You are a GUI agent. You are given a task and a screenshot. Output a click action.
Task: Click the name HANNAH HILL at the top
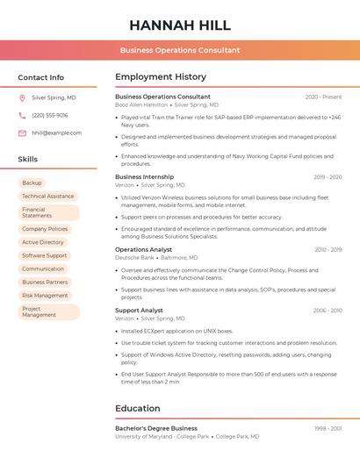[x=180, y=25]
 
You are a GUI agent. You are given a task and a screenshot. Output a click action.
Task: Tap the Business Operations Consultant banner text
[x=180, y=50]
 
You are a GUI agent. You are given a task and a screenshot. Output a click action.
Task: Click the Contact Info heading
[x=41, y=77]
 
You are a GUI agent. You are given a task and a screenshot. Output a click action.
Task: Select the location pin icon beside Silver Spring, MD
[x=22, y=98]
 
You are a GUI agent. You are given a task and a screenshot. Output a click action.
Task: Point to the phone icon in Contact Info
[x=22, y=115]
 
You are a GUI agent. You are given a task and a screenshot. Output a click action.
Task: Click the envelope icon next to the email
[x=22, y=133]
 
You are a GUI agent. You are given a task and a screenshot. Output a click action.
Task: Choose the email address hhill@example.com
[x=57, y=133]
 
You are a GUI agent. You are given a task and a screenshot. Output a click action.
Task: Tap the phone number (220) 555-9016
[x=50, y=115]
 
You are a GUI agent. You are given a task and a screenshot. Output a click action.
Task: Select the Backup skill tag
[x=32, y=183]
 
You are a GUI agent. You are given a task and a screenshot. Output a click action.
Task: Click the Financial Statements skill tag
[x=48, y=212]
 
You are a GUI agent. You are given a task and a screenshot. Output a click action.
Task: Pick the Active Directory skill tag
[x=43, y=242]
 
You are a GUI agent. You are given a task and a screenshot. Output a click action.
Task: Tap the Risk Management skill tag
[x=45, y=296]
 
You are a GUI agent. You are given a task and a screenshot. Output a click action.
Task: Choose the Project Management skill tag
[x=48, y=311]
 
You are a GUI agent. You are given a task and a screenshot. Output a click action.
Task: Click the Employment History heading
[x=161, y=77]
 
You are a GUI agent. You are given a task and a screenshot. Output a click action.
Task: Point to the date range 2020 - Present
[x=323, y=97]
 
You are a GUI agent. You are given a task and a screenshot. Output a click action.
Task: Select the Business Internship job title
[x=144, y=177]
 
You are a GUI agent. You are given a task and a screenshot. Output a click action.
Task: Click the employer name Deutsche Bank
[x=135, y=258]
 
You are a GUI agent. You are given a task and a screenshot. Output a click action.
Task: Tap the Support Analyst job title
[x=139, y=311]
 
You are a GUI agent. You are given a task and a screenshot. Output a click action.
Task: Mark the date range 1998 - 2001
[x=328, y=429]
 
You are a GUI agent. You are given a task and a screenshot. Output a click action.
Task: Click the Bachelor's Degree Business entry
[x=156, y=429]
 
